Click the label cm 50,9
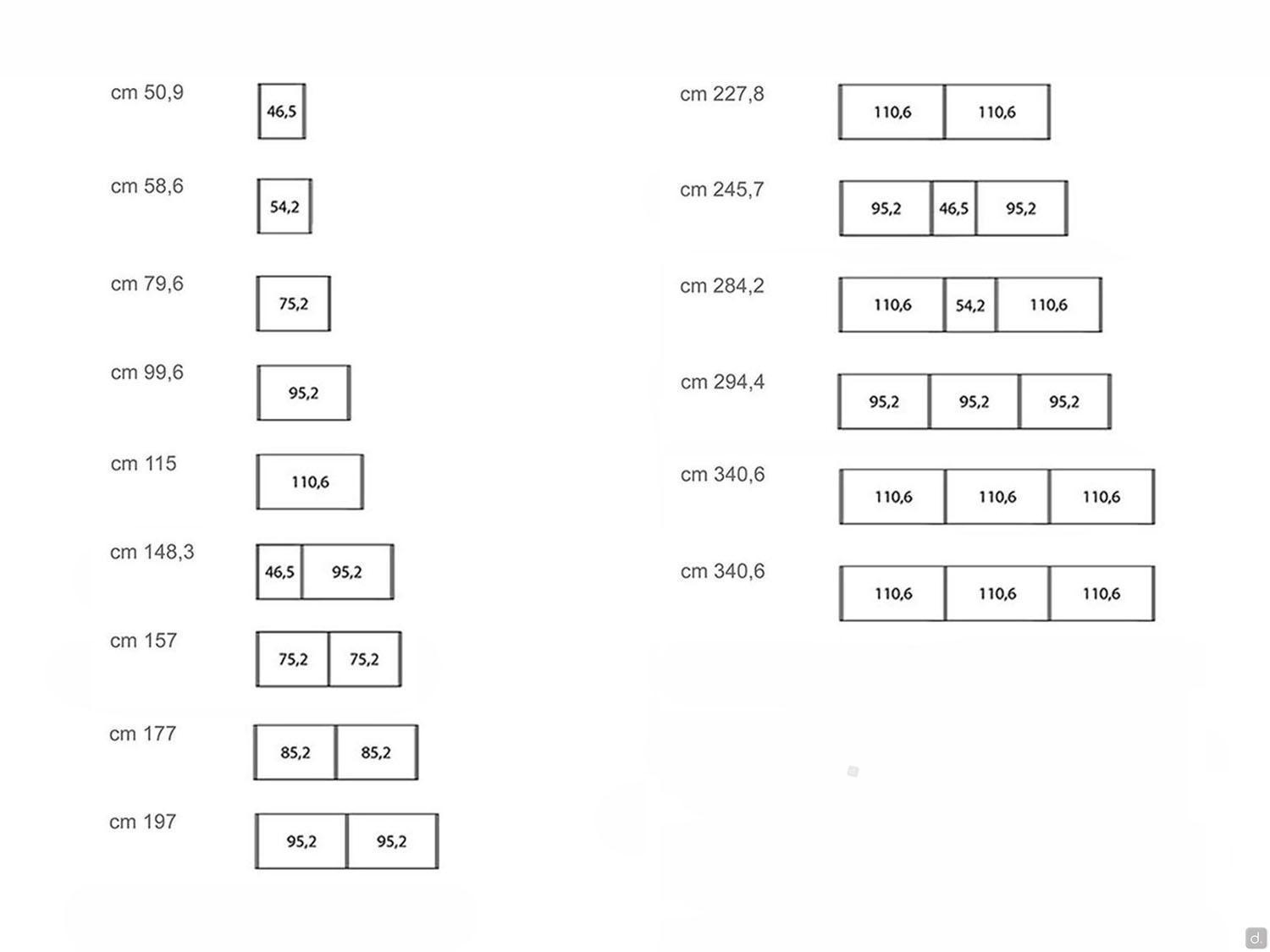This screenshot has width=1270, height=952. click(x=147, y=92)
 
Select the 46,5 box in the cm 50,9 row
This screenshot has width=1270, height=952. click(x=282, y=111)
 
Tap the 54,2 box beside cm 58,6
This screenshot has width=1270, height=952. click(x=284, y=206)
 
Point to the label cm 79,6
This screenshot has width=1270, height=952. click(x=147, y=283)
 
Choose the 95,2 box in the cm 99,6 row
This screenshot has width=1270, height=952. click(x=304, y=393)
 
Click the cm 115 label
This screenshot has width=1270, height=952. click(x=143, y=464)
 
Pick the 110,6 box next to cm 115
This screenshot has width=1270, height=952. click(x=310, y=482)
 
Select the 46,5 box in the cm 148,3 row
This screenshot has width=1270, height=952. click(x=279, y=572)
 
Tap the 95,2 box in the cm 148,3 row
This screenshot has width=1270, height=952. click(x=347, y=572)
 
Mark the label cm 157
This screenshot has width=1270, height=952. click(x=143, y=641)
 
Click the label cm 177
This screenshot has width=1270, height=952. click(x=143, y=734)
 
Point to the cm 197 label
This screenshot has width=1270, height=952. click(x=143, y=822)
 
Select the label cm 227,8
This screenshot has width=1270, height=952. click(x=722, y=94)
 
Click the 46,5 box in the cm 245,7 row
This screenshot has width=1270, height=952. click(x=953, y=208)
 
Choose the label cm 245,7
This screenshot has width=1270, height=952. click(x=722, y=190)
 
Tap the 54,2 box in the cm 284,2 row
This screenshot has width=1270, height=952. click(x=970, y=305)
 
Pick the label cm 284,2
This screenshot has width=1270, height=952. click(x=722, y=286)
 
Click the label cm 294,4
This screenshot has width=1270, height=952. click(x=723, y=382)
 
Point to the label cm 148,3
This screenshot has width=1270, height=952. click(x=152, y=553)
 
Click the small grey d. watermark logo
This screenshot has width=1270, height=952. click(x=1256, y=938)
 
